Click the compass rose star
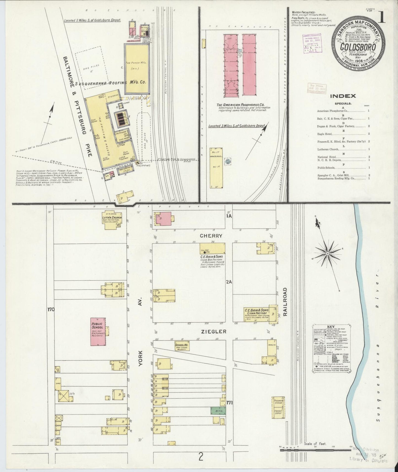pos(328,254)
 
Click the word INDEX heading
pos(343,96)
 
